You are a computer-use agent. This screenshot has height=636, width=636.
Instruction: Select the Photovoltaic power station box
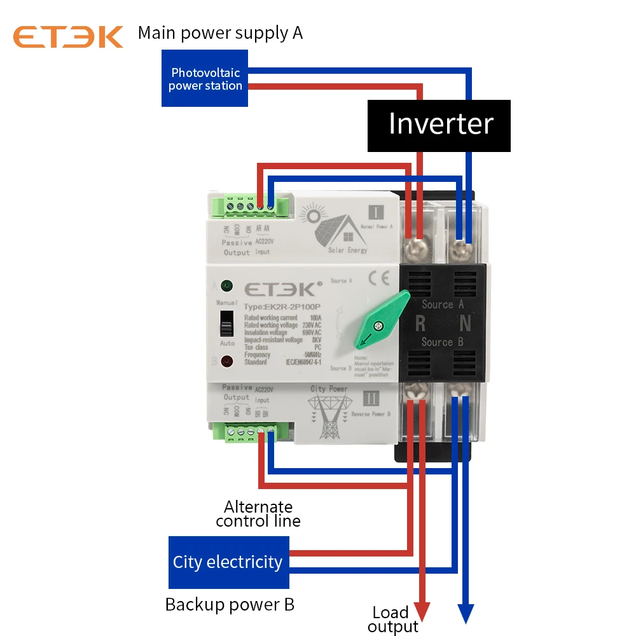205,79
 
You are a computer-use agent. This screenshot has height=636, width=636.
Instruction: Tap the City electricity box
228,562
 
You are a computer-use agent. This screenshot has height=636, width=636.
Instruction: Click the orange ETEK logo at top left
68,36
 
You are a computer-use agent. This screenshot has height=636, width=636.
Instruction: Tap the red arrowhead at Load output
422,612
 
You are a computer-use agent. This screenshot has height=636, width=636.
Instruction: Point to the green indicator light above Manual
226,286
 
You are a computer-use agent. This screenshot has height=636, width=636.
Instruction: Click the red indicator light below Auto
226,362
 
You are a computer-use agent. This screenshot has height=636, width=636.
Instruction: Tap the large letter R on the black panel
420,324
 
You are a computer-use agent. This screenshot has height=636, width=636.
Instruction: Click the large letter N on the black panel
466,324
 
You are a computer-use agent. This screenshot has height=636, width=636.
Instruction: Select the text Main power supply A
220,32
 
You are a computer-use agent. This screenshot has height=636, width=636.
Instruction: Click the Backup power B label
230,604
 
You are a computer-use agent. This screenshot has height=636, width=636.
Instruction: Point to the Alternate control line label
258,514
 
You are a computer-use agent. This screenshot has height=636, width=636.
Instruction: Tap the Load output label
392,619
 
